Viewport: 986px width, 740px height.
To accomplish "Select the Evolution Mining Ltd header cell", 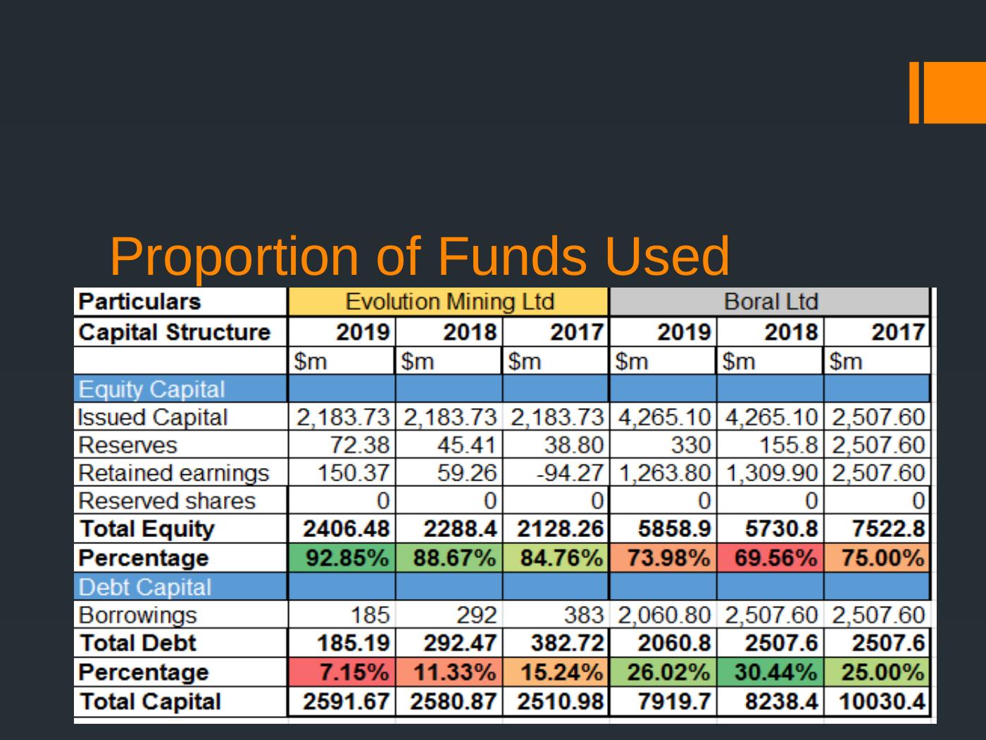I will (449, 302).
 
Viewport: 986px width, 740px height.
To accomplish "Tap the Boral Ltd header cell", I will (770, 302).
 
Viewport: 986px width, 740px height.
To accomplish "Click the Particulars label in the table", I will (139, 302).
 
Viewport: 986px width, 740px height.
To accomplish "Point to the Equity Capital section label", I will (151, 389).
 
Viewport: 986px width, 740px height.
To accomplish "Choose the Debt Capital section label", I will (145, 587).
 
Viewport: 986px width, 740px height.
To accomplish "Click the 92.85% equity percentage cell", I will (342, 558).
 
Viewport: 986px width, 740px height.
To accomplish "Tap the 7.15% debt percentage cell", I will (342, 672).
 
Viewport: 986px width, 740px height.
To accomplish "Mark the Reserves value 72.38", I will (360, 445).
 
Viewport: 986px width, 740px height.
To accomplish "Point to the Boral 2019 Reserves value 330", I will (690, 445).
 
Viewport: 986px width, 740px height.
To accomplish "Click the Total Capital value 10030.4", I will (881, 702).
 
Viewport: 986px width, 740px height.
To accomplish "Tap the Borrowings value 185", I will (370, 615).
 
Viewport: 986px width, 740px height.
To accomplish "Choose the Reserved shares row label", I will (167, 501).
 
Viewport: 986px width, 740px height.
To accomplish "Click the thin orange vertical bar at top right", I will (914, 92).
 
